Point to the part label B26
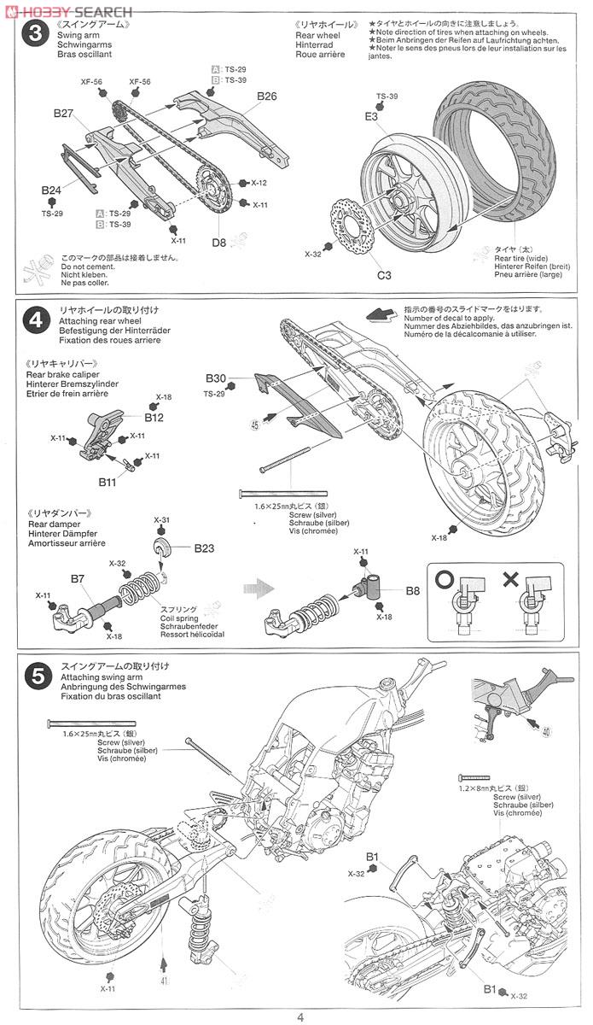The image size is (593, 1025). (x=266, y=96)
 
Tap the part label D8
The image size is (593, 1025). (x=219, y=243)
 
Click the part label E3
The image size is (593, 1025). (x=371, y=115)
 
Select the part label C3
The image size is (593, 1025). (x=385, y=275)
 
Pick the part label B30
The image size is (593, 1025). (x=216, y=378)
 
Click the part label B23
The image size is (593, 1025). (x=204, y=548)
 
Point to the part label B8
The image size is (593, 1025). (x=413, y=589)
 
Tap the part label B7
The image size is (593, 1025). (x=78, y=578)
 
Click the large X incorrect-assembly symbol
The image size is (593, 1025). (x=510, y=578)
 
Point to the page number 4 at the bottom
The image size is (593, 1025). (x=300, y=1016)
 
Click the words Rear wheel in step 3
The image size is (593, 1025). (x=317, y=35)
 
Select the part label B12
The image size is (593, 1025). (x=154, y=418)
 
